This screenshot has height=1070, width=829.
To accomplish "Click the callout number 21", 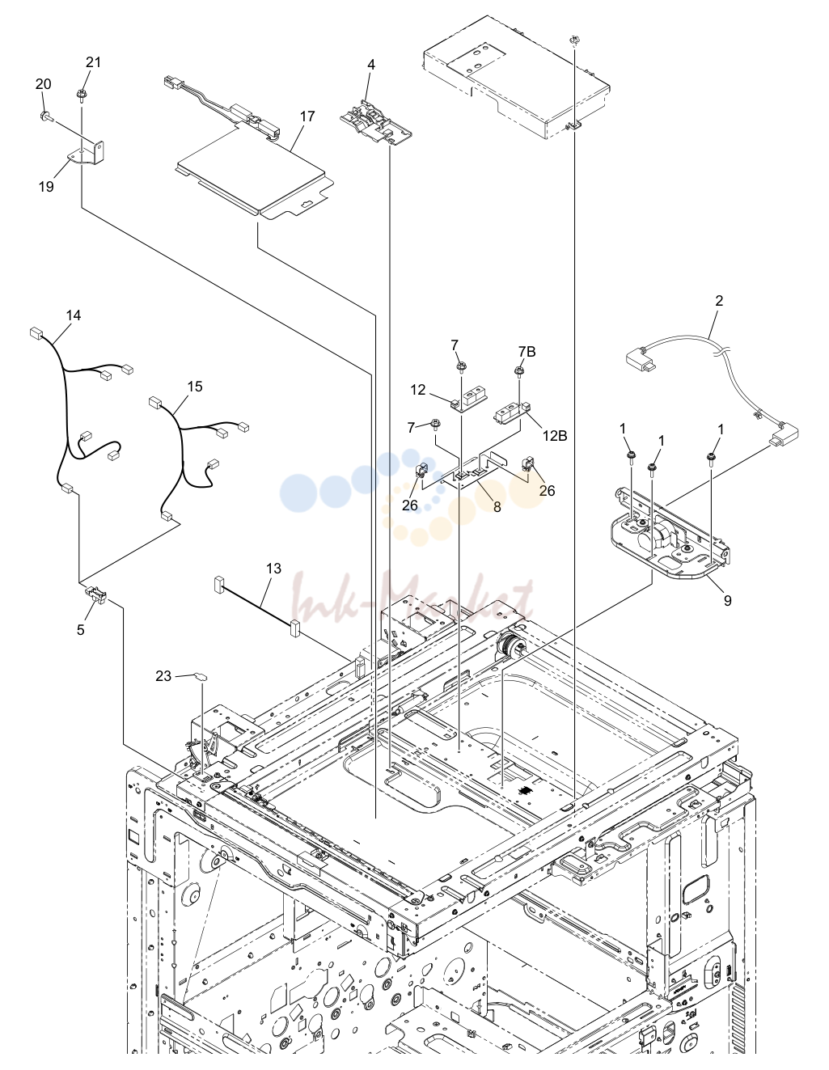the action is (x=93, y=62).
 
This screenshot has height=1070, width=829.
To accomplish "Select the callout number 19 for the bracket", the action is (x=46, y=187).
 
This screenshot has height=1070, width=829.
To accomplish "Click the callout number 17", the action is (x=307, y=116).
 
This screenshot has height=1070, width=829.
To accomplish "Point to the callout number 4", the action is (x=371, y=65).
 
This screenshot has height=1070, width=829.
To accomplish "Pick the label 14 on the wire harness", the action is (x=74, y=315).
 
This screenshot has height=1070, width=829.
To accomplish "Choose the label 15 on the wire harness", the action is (x=195, y=387).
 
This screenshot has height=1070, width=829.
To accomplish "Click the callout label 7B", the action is (x=527, y=352).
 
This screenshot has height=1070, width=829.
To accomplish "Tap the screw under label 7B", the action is (x=519, y=371).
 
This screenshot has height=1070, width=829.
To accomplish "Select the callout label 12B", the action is (x=555, y=436).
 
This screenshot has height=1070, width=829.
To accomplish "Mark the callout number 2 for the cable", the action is (x=719, y=300).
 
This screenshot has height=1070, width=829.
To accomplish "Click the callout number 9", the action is (x=727, y=600).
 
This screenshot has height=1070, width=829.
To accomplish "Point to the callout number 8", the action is (x=497, y=506).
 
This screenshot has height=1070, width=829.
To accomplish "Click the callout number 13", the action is (x=273, y=569).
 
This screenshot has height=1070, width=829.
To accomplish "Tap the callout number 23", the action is (x=163, y=676).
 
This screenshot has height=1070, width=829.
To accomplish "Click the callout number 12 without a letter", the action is (x=417, y=390).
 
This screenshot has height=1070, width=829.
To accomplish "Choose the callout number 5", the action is (x=81, y=630).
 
